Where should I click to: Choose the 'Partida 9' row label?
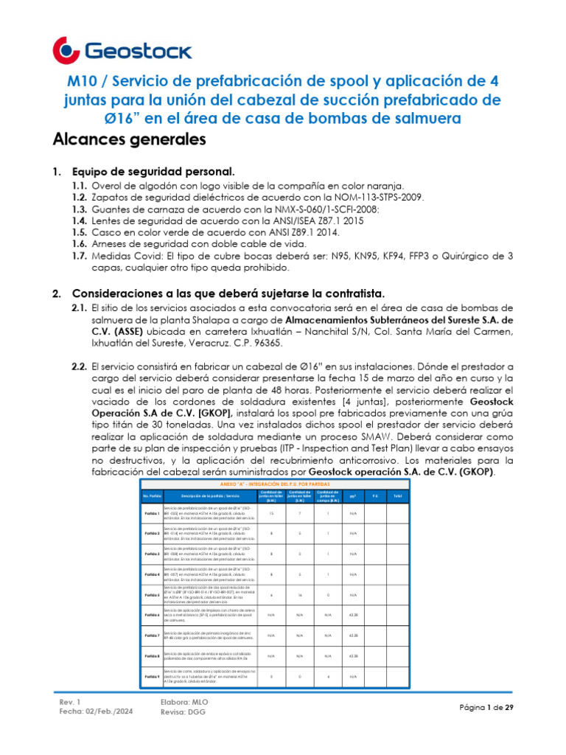152,675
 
